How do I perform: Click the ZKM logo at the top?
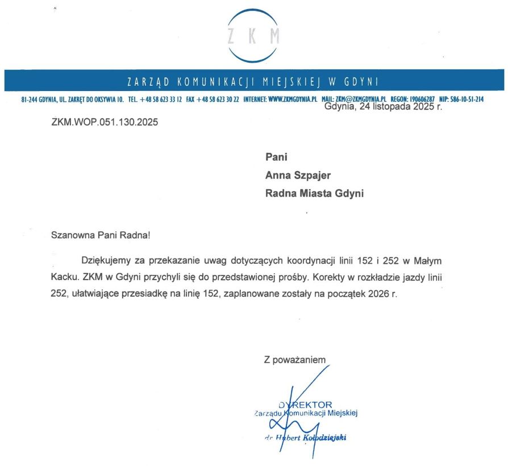(253, 35)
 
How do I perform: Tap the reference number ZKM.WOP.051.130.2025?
(105, 122)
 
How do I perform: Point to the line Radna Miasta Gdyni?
(314, 193)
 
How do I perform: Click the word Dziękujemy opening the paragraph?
(109, 260)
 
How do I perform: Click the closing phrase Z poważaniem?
(294, 360)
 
